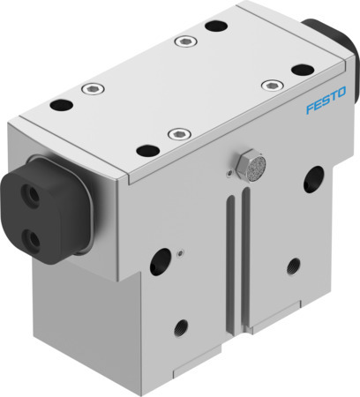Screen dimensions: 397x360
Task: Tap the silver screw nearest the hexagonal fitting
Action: (x=180, y=134)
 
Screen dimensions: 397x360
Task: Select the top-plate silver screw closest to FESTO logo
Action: (x=270, y=85)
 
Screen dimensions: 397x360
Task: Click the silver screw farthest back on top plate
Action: (x=182, y=41)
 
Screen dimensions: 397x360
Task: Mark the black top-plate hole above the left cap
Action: (x=59, y=106)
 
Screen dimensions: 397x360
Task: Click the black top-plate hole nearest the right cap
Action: (x=302, y=68)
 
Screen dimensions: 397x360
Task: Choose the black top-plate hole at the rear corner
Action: (x=212, y=25)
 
